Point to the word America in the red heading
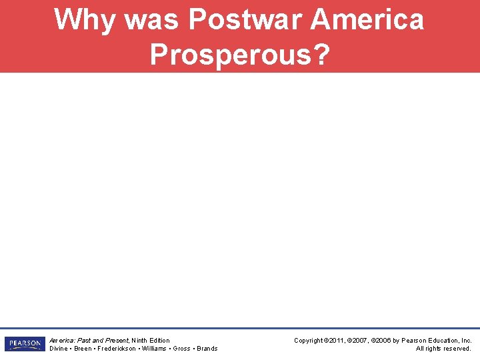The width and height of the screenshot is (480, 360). [367, 19]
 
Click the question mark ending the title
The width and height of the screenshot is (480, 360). [321, 55]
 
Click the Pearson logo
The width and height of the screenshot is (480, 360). [24, 344]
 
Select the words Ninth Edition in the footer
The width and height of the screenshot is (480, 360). [151, 340]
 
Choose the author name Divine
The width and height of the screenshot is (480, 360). [59, 349]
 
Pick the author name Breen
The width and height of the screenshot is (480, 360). [83, 349]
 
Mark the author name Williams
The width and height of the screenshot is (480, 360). [153, 349]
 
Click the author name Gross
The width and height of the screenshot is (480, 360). [181, 349]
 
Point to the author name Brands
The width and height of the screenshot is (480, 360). [207, 349]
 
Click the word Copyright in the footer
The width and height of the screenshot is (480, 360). [309, 340]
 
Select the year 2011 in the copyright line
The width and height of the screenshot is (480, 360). [338, 340]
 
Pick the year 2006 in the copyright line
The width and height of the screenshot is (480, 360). [388, 340]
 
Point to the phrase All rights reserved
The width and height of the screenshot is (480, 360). [443, 349]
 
